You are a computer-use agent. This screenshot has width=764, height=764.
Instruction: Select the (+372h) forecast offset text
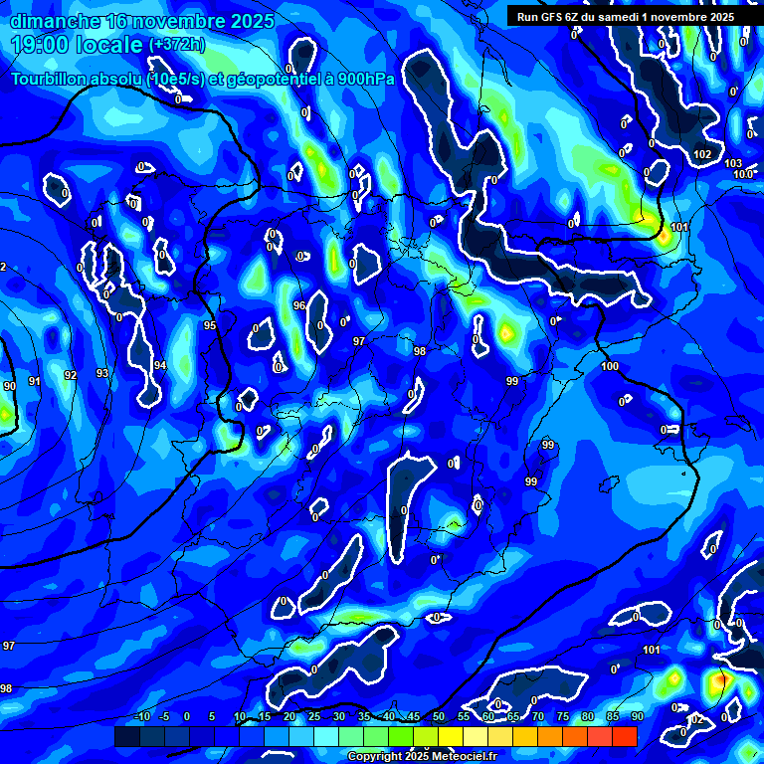click(178, 45)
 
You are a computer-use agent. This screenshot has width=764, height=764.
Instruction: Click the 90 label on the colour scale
click(637, 717)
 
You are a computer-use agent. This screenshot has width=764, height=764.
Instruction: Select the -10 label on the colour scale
click(141, 717)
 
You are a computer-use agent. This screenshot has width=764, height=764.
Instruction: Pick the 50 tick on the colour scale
click(439, 717)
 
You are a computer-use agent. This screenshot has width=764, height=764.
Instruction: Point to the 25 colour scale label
click(314, 717)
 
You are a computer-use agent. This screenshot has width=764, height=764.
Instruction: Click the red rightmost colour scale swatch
click(624, 736)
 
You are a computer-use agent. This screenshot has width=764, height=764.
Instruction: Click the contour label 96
click(298, 305)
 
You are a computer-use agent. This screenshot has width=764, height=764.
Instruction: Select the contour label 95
click(210, 325)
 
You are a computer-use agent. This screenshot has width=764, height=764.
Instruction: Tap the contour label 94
click(160, 365)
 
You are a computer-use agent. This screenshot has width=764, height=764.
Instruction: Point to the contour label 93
click(102, 373)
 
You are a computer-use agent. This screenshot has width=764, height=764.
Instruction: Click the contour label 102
click(702, 154)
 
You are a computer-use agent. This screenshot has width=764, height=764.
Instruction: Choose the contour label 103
click(733, 163)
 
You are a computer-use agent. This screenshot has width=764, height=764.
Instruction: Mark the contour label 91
click(35, 381)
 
